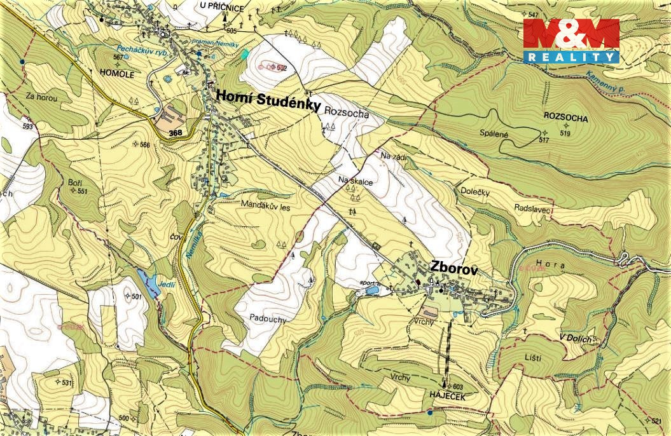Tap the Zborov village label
click(x=453, y=267)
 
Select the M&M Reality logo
click(x=571, y=41)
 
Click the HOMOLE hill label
click(x=118, y=74)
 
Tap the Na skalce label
click(x=356, y=182)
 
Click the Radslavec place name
click(x=532, y=208)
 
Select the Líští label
click(x=534, y=359)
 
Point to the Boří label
click(x=75, y=182)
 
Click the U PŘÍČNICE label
click(x=222, y=5)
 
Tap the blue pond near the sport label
click(x=371, y=290)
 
